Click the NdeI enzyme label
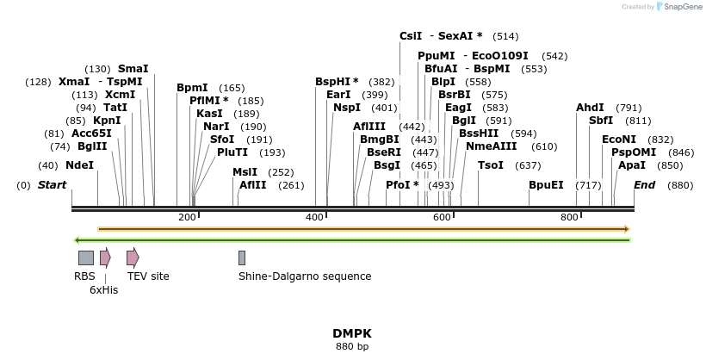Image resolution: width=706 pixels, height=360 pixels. click(79, 164)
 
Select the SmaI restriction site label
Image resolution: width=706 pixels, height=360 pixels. click(133, 68)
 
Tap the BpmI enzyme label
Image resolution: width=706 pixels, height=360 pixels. click(192, 88)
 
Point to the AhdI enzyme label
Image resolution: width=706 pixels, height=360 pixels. click(590, 108)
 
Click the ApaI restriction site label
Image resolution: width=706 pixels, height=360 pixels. click(631, 164)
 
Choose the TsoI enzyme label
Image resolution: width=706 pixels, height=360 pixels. click(490, 164)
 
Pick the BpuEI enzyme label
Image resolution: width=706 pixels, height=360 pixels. click(546, 185)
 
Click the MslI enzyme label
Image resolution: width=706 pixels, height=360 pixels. click(245, 172)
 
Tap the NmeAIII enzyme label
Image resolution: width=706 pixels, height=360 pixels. click(491, 146)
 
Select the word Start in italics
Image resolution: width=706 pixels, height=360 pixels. click(52, 185)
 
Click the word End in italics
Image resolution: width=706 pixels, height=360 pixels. click(644, 185)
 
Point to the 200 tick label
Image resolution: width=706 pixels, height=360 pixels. click(187, 217)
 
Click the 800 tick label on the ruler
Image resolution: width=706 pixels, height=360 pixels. click(569, 217)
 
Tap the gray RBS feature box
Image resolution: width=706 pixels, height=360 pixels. click(86, 258)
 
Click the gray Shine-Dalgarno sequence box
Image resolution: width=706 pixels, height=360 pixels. click(242, 258)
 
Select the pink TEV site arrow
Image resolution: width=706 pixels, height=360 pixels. click(133, 258)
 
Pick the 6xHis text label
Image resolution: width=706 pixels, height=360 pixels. click(103, 290)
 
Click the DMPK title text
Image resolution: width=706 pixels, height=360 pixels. click(352, 333)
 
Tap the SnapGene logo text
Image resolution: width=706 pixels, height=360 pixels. click(681, 7)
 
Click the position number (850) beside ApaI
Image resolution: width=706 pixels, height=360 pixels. click(669, 164)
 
